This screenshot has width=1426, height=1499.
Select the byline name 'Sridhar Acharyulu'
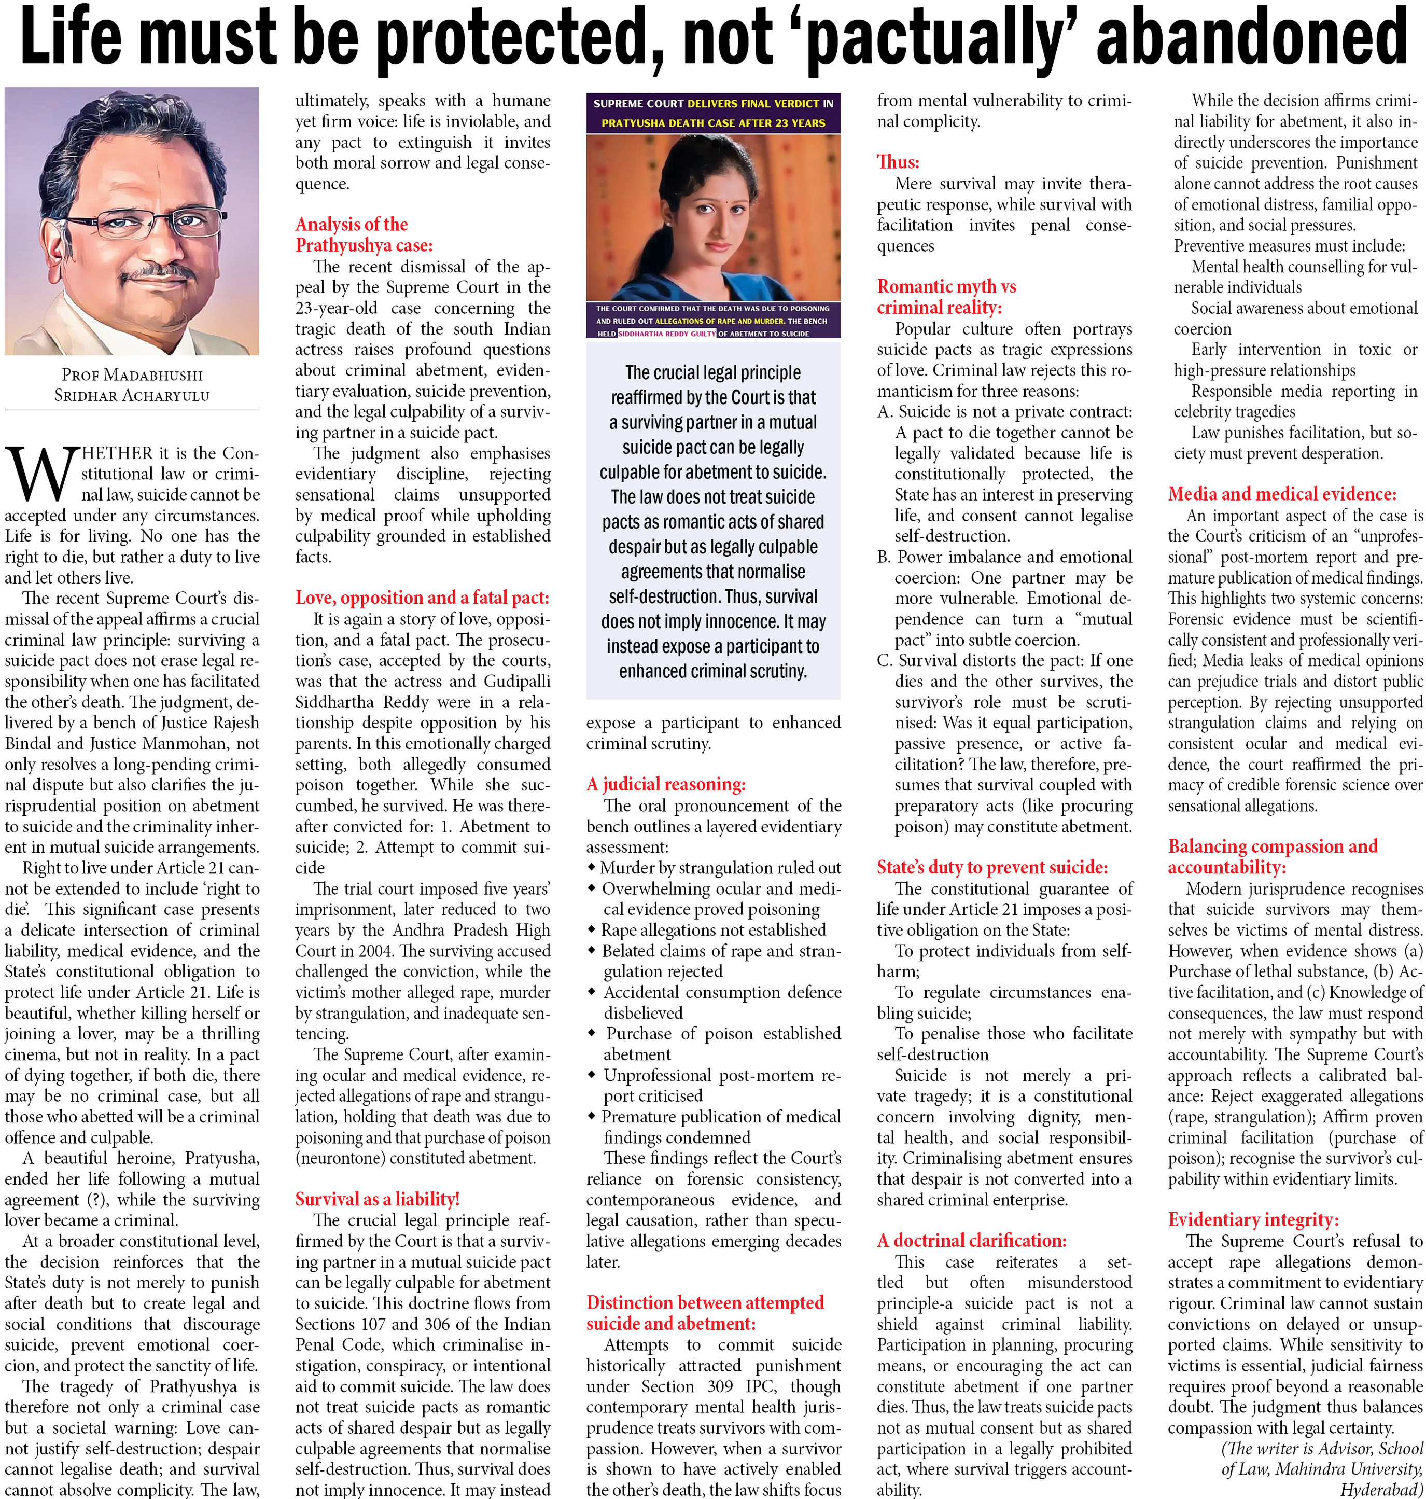click(132, 395)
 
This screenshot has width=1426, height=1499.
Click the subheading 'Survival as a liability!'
click(377, 1199)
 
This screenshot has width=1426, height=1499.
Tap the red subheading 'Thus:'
click(898, 162)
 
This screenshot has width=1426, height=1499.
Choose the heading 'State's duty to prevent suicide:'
click(992, 867)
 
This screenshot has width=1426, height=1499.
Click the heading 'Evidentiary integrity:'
click(1253, 1219)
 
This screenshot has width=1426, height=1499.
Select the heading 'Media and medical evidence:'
click(1281, 494)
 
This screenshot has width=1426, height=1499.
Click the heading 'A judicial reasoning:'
click(666, 784)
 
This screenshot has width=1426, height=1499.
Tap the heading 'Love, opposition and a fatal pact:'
click(422, 598)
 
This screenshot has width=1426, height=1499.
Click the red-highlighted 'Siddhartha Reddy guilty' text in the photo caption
click(667, 334)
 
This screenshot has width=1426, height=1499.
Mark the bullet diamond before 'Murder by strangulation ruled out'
click(591, 867)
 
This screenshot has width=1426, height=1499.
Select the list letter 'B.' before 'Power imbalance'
click(884, 557)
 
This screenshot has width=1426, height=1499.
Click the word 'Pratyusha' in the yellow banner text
click(632, 122)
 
